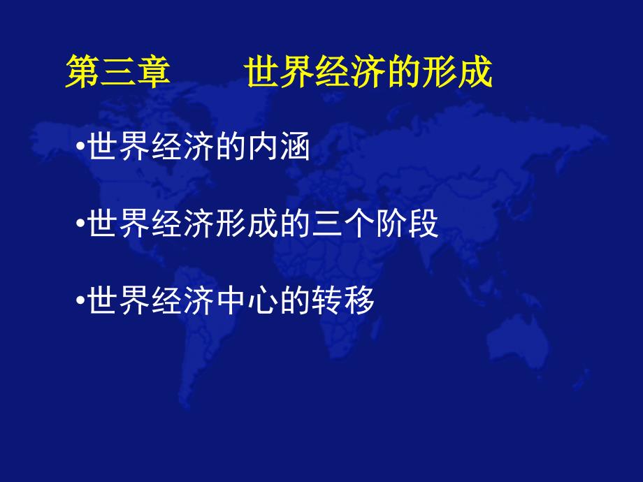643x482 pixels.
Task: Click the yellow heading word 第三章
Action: (118, 71)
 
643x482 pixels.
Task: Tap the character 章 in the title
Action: (153, 71)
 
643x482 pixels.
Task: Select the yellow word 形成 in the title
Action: (457, 71)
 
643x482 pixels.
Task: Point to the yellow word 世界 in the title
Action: (280, 71)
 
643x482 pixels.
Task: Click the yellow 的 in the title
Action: (405, 71)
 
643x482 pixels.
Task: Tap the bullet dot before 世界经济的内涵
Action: (81, 146)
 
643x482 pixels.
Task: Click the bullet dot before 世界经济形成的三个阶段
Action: (81, 224)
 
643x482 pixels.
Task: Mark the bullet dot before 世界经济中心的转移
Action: (81, 300)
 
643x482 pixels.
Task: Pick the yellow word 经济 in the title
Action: (351, 71)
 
